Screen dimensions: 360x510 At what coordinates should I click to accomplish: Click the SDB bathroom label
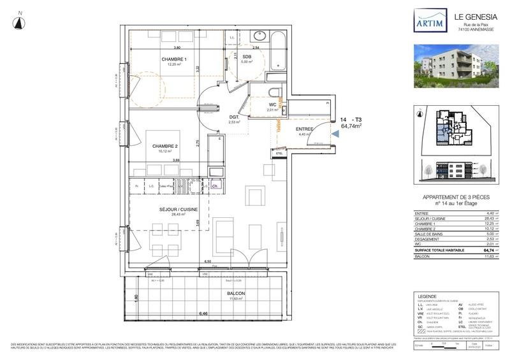pyautogui.click(x=247, y=57)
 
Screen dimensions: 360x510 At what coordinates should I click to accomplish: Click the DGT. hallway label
pyautogui.click(x=235, y=117)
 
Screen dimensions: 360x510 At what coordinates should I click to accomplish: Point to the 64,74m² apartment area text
pyautogui.click(x=352, y=127)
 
